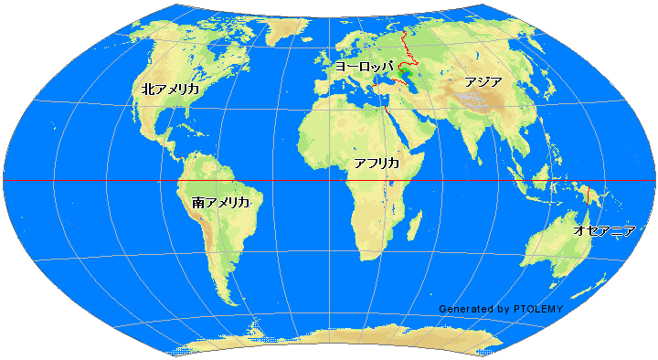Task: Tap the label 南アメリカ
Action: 221,201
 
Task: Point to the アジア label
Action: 483,81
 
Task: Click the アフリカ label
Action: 377,163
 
